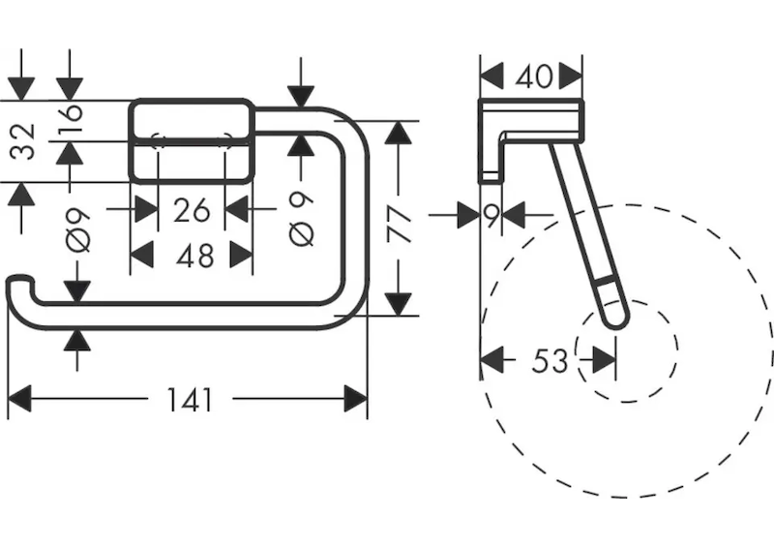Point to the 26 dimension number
click(x=192, y=208)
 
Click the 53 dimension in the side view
click(x=550, y=361)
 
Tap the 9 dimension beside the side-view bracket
click(x=491, y=215)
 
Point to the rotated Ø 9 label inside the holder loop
click(x=301, y=220)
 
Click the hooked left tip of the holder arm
click(x=17, y=285)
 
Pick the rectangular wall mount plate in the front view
click(x=192, y=138)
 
